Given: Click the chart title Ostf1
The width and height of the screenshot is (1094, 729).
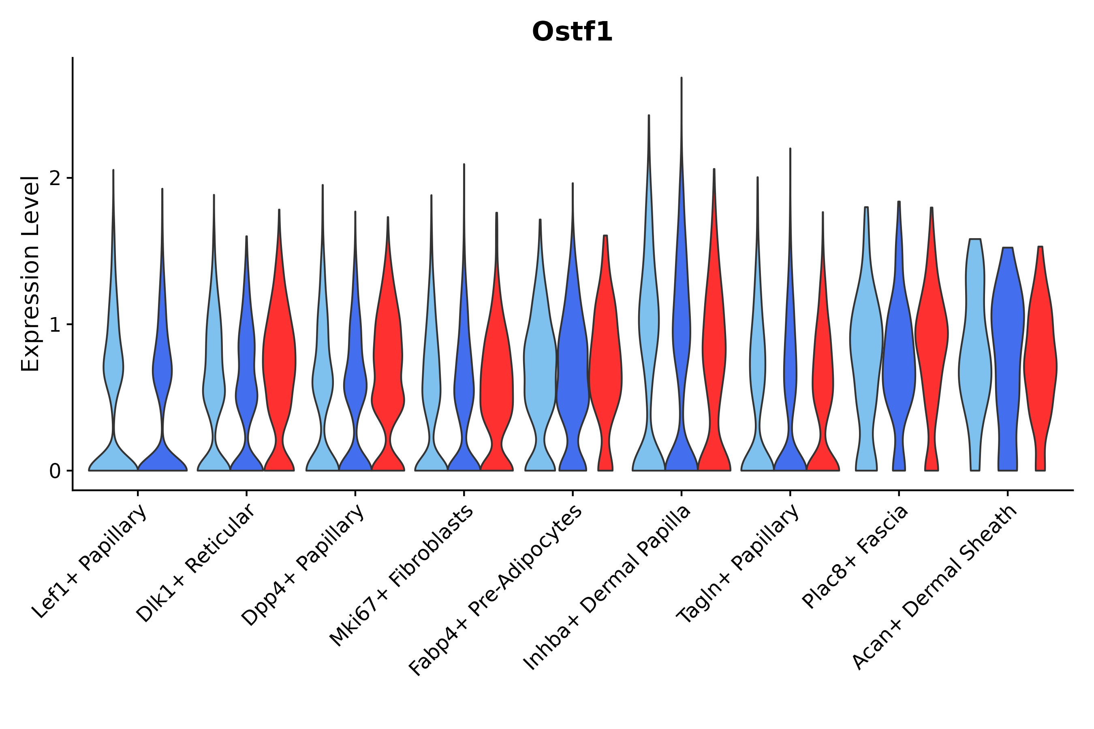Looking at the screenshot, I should tap(572, 32).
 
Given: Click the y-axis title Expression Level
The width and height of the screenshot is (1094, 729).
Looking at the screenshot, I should tap(30, 274).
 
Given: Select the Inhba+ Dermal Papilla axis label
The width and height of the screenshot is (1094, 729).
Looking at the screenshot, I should tap(607, 588).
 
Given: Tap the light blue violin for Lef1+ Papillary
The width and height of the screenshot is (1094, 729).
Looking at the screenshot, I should tap(113, 372).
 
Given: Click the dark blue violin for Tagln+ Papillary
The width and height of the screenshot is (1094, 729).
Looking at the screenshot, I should tap(790, 372).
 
